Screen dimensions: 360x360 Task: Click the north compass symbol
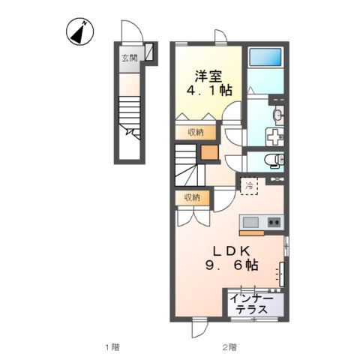coord(79,31)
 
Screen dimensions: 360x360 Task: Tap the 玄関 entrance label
coord(130,58)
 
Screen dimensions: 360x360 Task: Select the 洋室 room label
coord(208,76)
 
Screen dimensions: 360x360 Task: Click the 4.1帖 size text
coord(209,91)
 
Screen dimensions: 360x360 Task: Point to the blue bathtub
coord(265,57)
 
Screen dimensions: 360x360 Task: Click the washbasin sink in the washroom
coord(279,115)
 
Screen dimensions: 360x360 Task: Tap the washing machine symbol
coord(274,136)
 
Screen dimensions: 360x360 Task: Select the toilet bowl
coord(274,160)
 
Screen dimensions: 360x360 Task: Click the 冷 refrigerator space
coord(249,186)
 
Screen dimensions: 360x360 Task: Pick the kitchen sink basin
coord(250,222)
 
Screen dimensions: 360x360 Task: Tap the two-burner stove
coord(274,222)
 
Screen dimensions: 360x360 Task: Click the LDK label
coord(231,251)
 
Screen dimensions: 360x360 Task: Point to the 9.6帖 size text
coord(232,265)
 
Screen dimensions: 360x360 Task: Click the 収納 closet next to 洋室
coord(196,132)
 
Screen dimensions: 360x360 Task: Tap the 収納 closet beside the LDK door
coord(192,198)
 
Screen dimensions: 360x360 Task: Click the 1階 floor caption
coord(112,347)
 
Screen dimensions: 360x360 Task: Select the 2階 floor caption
coord(229,347)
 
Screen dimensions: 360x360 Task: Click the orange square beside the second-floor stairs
coord(210,152)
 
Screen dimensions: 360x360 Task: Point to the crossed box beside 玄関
coord(149,52)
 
